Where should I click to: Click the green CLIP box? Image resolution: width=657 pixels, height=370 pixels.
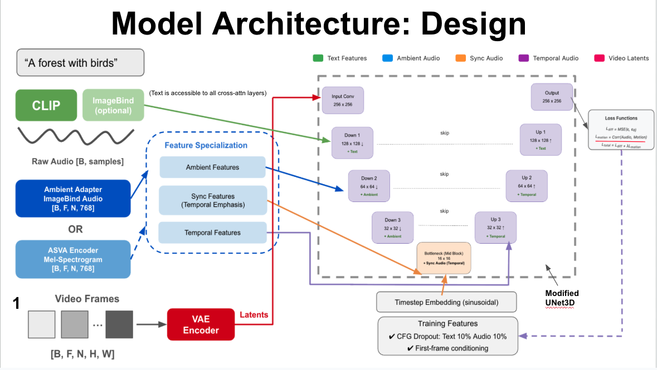(x=46, y=105)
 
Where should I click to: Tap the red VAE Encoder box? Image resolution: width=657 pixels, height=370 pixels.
(x=201, y=324)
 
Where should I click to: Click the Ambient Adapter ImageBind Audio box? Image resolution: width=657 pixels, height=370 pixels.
(x=73, y=198)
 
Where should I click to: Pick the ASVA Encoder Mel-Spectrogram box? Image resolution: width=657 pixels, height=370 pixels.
(x=73, y=259)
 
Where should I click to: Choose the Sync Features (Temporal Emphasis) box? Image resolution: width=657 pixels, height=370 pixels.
(x=212, y=200)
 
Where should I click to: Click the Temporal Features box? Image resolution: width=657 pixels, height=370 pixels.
(x=212, y=233)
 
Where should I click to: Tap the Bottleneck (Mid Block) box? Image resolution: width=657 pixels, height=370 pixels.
(x=444, y=258)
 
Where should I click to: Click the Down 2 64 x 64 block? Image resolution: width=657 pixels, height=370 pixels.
(x=369, y=186)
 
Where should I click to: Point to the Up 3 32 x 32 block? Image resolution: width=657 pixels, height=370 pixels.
(x=495, y=227)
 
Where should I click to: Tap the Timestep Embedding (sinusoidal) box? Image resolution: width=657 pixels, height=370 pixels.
(x=446, y=302)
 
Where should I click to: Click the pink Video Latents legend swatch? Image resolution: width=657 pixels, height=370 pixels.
(x=600, y=58)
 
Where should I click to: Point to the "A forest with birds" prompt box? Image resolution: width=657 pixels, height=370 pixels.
(x=80, y=62)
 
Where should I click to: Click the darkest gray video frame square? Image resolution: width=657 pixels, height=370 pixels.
(x=119, y=324)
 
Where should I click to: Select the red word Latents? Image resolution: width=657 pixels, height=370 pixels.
(x=254, y=315)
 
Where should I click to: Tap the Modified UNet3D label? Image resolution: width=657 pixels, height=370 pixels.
(x=562, y=298)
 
